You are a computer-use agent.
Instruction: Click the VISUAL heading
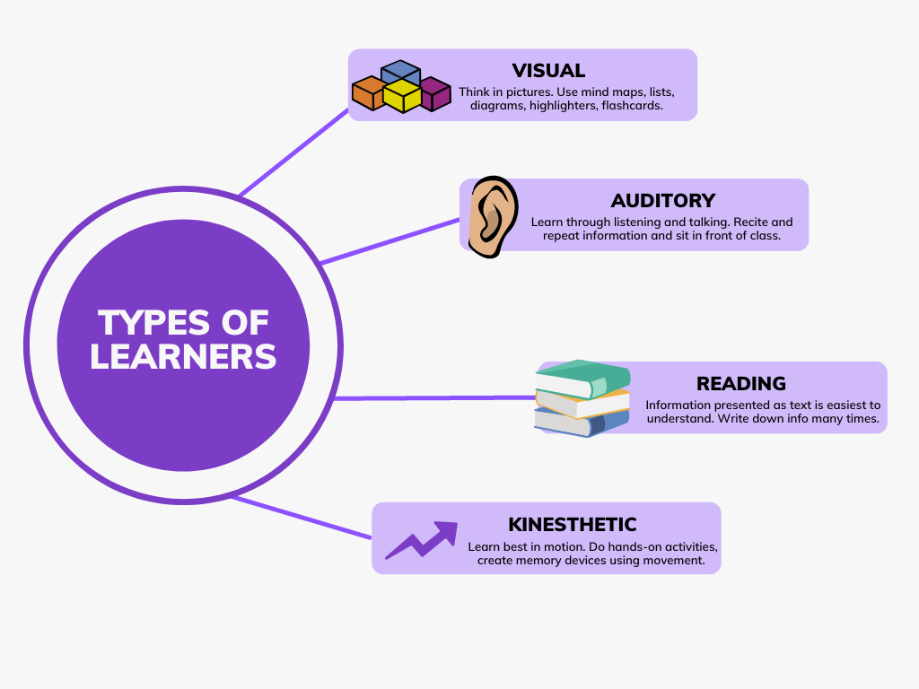[548, 70]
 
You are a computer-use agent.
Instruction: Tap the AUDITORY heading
[662, 200]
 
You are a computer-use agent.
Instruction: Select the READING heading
[741, 383]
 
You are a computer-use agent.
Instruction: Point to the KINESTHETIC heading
[573, 524]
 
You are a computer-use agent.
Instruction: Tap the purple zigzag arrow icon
[421, 539]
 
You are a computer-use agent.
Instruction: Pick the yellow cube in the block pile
[401, 96]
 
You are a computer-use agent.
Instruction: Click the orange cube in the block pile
[368, 92]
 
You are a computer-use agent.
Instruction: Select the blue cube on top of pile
[400, 72]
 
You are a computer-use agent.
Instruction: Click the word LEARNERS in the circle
[183, 356]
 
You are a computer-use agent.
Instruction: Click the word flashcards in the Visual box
[632, 105]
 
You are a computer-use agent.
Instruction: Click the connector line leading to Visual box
[293, 152]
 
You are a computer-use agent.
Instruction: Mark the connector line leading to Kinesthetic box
[301, 518]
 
